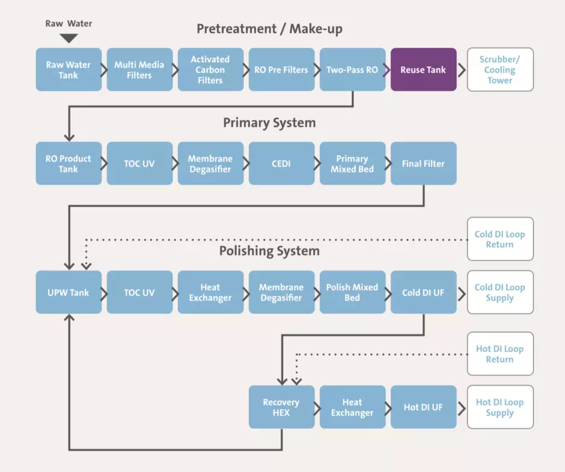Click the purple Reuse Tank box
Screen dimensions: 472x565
[x=423, y=70]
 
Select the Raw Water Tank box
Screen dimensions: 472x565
[x=69, y=70]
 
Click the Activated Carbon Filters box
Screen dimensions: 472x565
[x=210, y=70]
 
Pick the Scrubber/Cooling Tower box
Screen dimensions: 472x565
[x=499, y=70]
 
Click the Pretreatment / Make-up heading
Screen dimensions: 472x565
[x=269, y=29]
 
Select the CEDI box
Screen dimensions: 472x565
[x=281, y=164]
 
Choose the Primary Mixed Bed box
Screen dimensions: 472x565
[x=352, y=164]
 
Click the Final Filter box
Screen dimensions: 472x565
[x=423, y=164]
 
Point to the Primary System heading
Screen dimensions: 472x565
[x=269, y=123]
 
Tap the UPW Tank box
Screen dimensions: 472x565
[x=69, y=292]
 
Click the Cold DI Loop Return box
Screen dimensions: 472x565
[x=499, y=239]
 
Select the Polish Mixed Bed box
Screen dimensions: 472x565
[x=352, y=292]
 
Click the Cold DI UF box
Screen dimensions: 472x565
[x=423, y=292]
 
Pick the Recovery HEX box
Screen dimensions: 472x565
[x=281, y=407]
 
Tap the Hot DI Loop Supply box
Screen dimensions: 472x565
[x=499, y=407]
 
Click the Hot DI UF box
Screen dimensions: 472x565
[x=423, y=407]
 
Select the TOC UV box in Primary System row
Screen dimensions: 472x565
[x=139, y=164]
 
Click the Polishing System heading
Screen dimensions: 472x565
[x=269, y=251]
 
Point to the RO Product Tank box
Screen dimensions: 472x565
[x=69, y=164]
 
